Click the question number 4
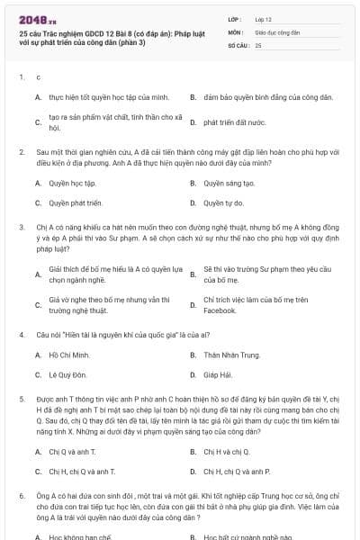[20, 335]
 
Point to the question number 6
[20, 495]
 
